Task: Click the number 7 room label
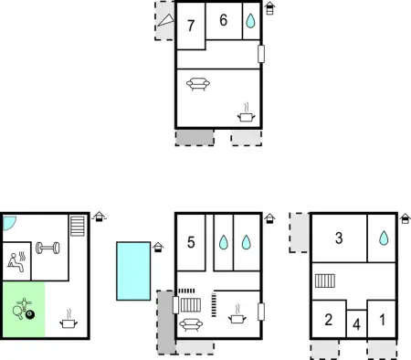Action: [190, 26]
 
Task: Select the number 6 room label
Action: [224, 21]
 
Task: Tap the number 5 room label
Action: [191, 242]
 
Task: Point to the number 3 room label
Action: [339, 238]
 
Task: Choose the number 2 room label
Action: [328, 320]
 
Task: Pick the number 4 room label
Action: [357, 323]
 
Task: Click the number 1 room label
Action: [382, 320]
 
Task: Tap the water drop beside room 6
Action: [250, 22]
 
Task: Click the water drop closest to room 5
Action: [223, 243]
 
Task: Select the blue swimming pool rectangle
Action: [133, 270]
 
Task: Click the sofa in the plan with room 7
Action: [198, 86]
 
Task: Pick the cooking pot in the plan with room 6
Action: [246, 114]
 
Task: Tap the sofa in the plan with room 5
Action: [191, 323]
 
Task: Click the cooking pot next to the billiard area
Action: [68, 322]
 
